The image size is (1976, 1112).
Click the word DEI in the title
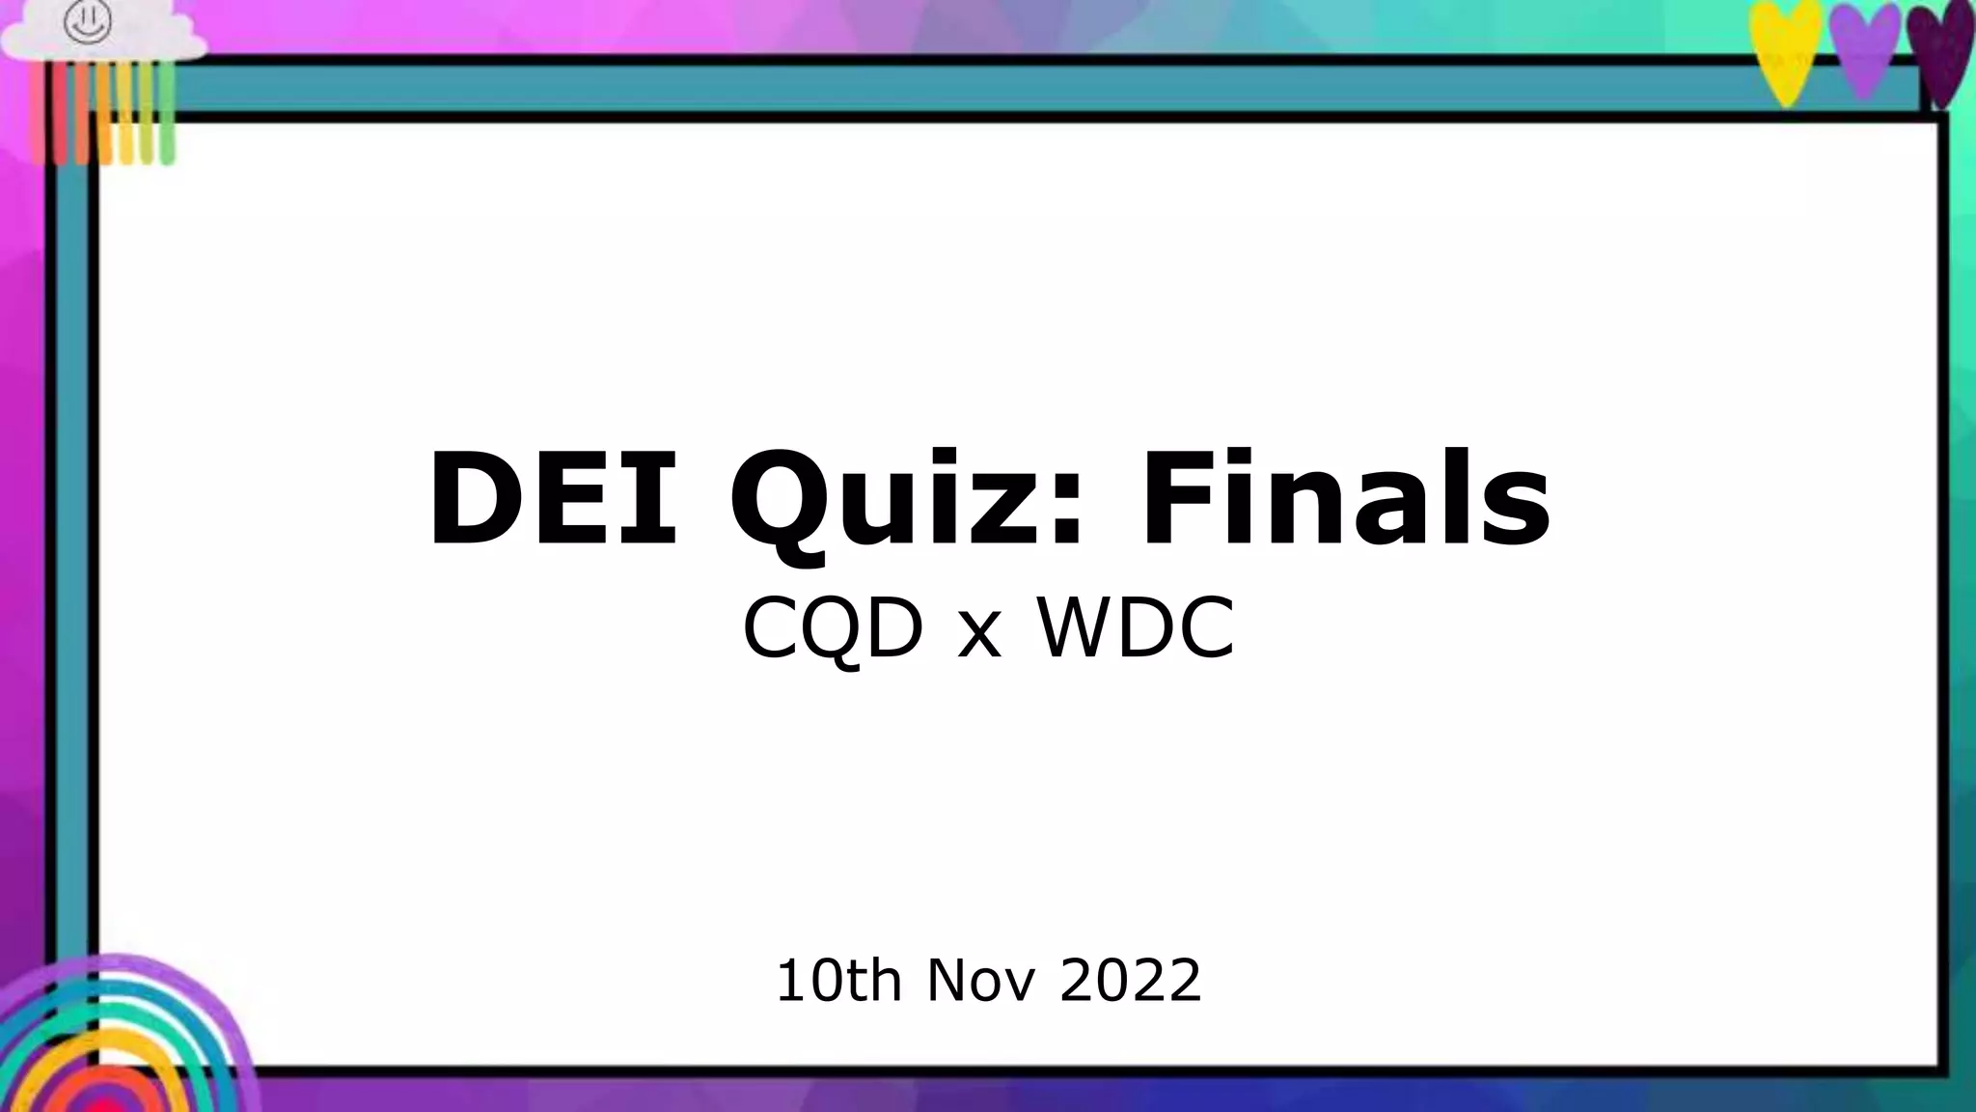[553, 499]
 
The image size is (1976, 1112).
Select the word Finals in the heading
[1346, 499]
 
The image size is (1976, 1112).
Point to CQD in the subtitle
[833, 628]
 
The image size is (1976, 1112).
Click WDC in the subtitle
[1136, 628]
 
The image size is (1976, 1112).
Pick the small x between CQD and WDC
[979, 637]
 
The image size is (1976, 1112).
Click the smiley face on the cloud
[88, 22]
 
